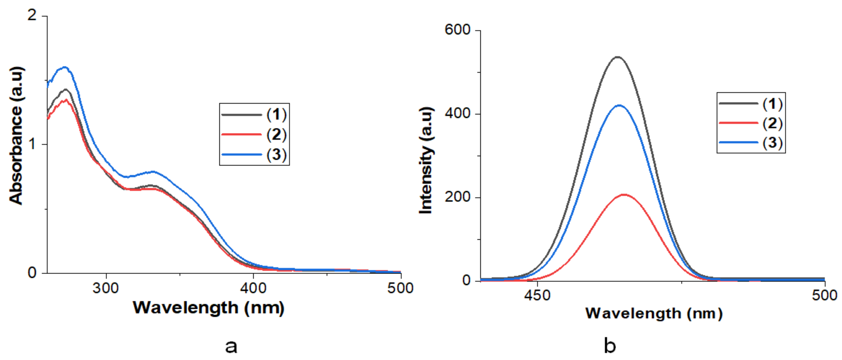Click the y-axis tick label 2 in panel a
(32, 15)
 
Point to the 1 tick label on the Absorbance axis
(32, 144)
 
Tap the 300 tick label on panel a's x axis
(106, 288)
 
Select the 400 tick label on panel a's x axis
(253, 288)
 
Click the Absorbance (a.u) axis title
(16, 136)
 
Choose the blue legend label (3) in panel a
(277, 154)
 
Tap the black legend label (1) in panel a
(277, 114)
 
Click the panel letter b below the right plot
(610, 346)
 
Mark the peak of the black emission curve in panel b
(618, 57)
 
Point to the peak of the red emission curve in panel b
(624, 195)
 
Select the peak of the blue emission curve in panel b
(619, 106)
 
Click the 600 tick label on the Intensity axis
(457, 30)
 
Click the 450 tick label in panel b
(537, 295)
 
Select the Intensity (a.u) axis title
(426, 160)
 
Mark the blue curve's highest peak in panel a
(65, 68)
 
